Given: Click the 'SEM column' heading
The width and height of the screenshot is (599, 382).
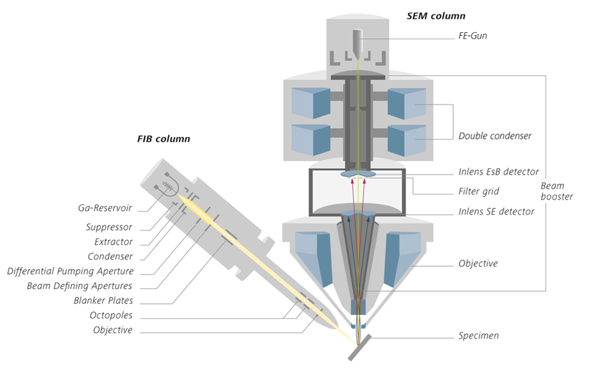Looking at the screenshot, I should pos(436,16).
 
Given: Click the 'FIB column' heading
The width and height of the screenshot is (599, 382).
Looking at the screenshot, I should pos(163,139).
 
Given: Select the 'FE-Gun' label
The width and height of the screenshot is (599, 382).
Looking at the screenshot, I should pos(472,35).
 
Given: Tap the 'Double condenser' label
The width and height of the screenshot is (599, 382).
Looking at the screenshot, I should pos(495,136).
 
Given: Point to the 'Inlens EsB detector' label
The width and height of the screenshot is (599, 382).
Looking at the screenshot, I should pos(499,172).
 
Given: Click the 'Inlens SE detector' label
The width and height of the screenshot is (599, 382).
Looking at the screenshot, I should pos(496,212).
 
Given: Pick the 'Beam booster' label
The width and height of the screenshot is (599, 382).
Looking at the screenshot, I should pos(556,191).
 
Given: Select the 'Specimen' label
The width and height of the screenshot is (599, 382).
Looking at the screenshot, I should pos(479,336).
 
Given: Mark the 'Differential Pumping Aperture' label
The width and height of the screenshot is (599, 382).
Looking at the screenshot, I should pos(70,271).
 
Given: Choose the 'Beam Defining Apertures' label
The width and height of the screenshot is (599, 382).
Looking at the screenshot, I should pos(79,286).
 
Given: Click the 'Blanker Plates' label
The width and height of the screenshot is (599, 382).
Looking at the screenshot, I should pos(103,300).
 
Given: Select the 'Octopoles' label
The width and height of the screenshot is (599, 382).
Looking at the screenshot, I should pos(111,315).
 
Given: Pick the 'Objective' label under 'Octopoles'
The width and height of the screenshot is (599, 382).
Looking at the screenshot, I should pos(112,330).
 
